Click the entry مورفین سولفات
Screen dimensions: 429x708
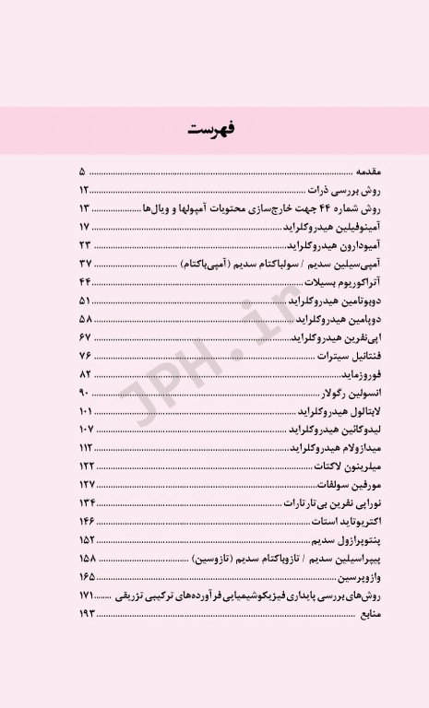[326, 484]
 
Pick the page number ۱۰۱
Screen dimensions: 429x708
[86, 410]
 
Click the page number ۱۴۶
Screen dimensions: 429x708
[87, 521]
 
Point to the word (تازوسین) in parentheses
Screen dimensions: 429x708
[214, 558]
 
